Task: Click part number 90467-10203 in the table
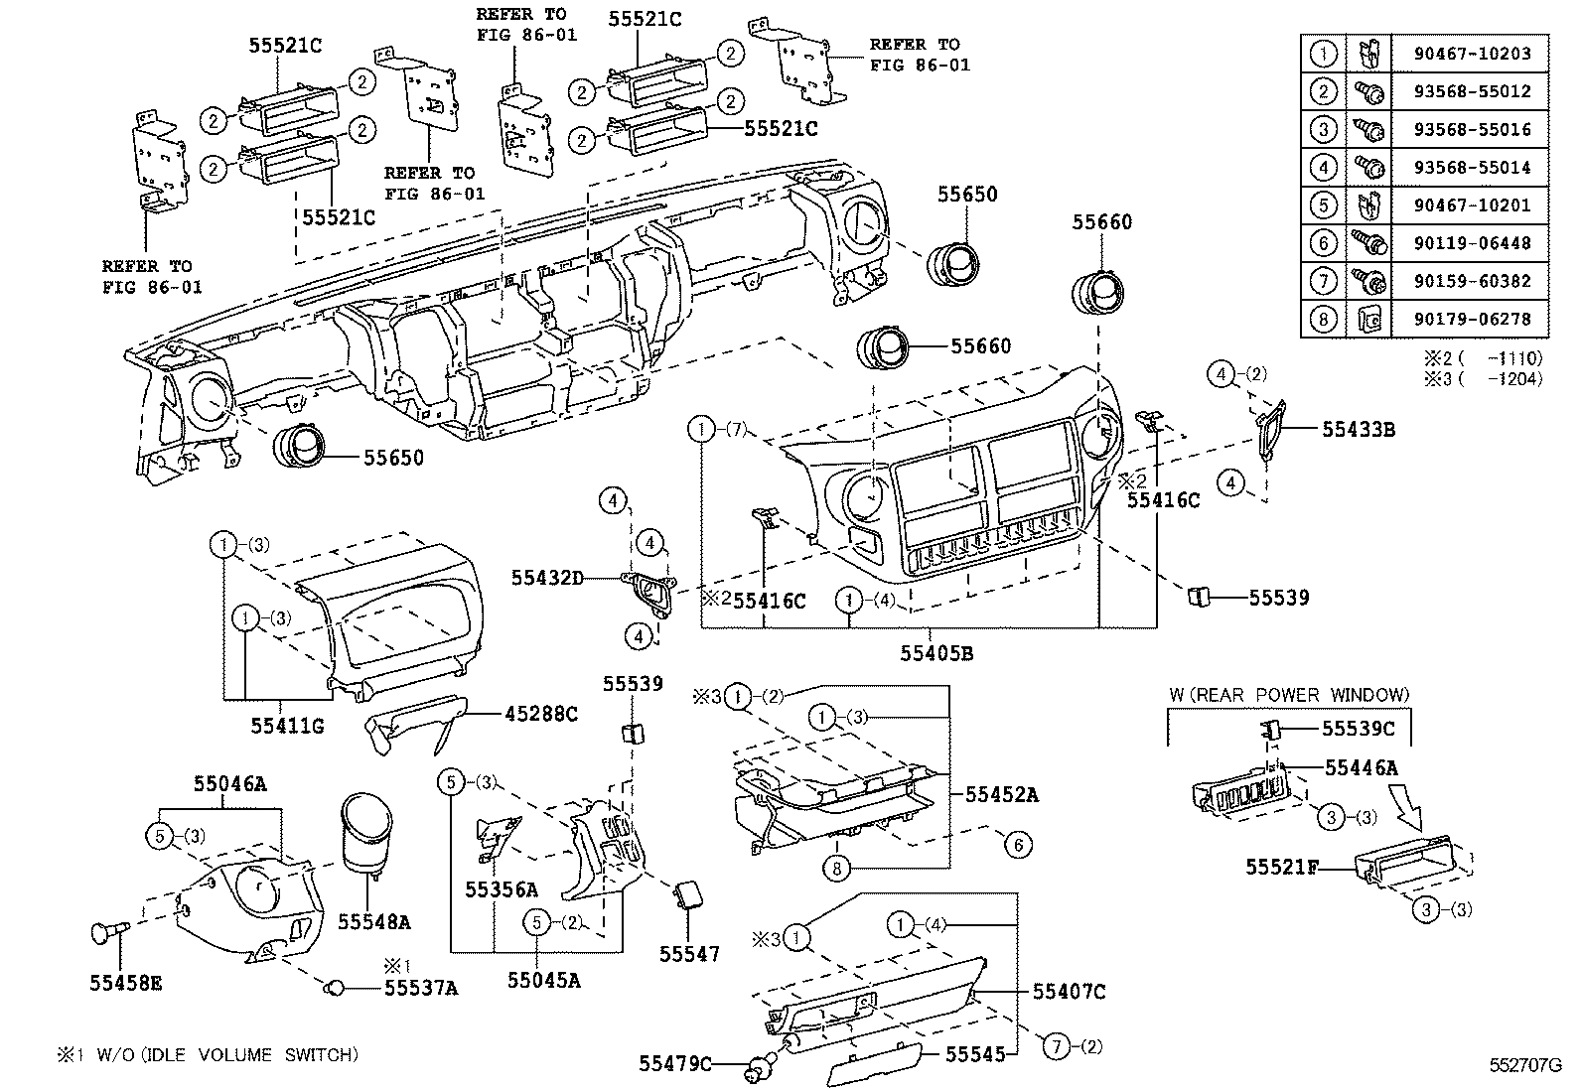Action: [1473, 54]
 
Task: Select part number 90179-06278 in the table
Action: [1473, 319]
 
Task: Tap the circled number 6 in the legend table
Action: [1323, 243]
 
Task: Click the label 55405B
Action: [936, 653]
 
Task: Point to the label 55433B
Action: [1358, 429]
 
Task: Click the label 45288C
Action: [540, 714]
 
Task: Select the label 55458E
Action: [126, 983]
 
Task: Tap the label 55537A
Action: [421, 988]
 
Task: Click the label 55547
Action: [689, 954]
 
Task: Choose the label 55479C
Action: [675, 1063]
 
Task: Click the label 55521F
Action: [1282, 867]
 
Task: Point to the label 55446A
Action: [1361, 767]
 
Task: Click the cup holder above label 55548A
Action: [366, 836]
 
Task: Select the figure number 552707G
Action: [1525, 1065]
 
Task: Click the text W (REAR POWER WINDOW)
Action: [1289, 695]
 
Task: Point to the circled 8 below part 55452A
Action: [836, 868]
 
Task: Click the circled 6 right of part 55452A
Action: [1019, 845]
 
